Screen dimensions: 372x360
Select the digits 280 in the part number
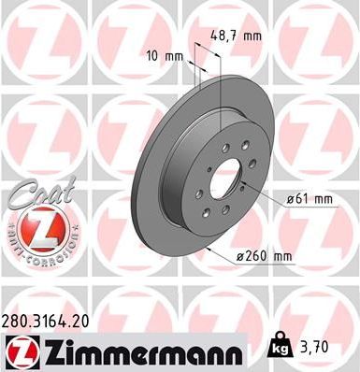point(17,321)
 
